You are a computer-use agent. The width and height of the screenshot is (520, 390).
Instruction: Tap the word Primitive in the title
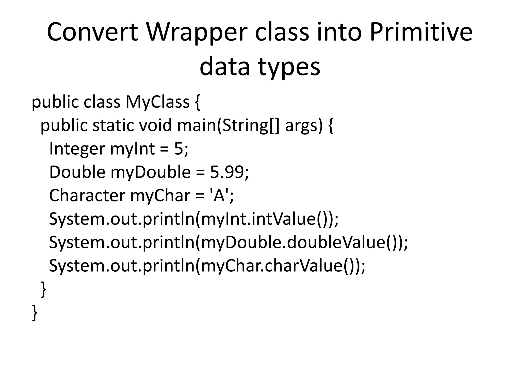tap(421, 32)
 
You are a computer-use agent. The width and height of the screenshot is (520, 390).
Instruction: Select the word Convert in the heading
tap(92, 32)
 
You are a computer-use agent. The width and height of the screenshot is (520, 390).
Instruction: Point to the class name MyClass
tap(157, 102)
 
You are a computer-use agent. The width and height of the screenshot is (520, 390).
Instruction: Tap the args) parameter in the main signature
tap(304, 125)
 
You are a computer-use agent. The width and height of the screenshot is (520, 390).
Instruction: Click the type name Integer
tap(77, 149)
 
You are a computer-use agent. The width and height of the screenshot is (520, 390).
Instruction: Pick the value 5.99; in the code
tap(230, 172)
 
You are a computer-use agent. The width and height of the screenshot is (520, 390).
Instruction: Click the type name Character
tap(87, 196)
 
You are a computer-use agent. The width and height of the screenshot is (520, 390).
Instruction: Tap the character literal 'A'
tap(220, 196)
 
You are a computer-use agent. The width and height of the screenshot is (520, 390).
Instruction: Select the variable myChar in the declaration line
tap(160, 196)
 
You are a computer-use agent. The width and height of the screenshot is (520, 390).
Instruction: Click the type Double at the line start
tap(77, 172)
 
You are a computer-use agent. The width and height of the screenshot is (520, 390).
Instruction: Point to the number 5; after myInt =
tap(181, 149)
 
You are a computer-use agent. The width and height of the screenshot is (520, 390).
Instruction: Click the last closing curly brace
tap(35, 313)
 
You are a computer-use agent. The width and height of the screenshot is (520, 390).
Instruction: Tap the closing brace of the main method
tap(43, 289)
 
